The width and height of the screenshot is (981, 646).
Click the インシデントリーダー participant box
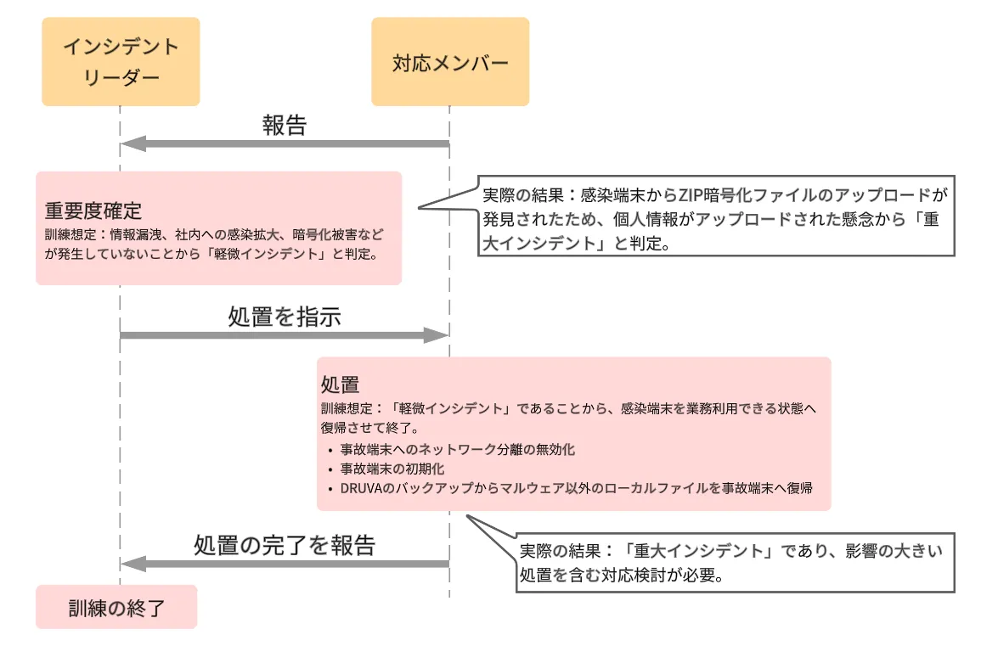(121, 61)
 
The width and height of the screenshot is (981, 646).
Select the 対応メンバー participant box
(450, 61)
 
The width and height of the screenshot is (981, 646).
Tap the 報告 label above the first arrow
(285, 126)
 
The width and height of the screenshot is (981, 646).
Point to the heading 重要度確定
(93, 211)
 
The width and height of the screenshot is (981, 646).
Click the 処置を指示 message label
(285, 317)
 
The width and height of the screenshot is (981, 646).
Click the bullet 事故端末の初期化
(392, 469)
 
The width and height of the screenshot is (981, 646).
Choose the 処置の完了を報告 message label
(285, 545)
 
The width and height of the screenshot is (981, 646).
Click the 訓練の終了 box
(116, 607)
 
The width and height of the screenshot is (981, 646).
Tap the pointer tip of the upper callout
(419, 208)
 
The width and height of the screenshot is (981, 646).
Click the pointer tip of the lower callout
(466, 514)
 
